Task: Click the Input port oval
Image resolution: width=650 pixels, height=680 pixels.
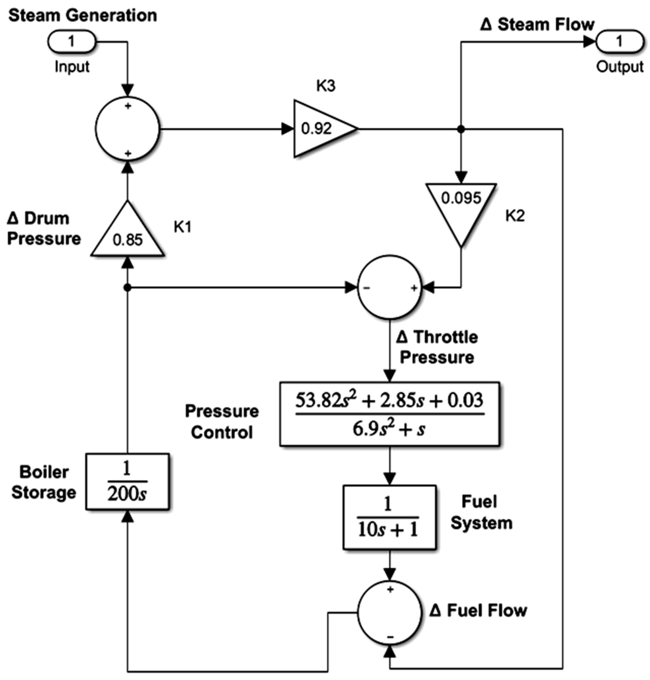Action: coord(71,41)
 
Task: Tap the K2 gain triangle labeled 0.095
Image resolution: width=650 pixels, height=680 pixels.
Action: coord(461,208)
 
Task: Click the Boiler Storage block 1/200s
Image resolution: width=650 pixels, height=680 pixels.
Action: coord(127,482)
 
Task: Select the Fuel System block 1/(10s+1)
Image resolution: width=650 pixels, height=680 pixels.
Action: coord(389,517)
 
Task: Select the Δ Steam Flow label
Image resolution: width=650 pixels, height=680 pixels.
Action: coord(537,25)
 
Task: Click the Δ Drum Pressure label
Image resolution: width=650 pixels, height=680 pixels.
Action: coord(44,229)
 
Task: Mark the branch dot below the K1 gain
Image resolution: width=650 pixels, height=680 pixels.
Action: coord(127,287)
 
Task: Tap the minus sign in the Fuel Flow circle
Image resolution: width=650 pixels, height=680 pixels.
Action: coord(390,637)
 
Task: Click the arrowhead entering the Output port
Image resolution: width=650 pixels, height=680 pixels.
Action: coord(589,42)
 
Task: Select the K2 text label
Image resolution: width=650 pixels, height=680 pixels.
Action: coord(515,216)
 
